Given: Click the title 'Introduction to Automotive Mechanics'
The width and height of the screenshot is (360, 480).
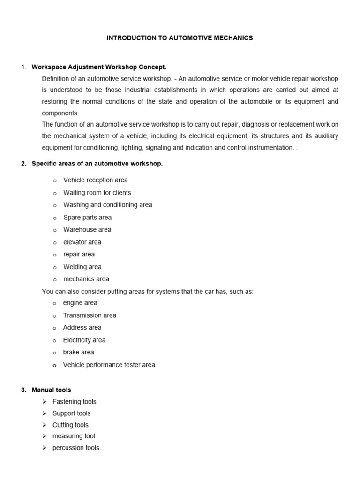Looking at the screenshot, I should [180, 38].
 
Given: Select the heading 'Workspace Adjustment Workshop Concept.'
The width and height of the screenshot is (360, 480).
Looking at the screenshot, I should [99, 67].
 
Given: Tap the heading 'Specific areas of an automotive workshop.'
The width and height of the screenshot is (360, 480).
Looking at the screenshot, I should [97, 164].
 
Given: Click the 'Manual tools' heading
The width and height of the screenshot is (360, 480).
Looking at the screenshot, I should [52, 390].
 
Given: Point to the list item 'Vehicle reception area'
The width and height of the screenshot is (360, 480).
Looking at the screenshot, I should [95, 180].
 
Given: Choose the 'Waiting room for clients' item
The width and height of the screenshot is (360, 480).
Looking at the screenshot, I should [97, 193].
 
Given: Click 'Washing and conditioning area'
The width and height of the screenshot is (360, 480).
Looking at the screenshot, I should [107, 205].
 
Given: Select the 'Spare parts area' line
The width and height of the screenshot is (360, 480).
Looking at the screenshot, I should [87, 217].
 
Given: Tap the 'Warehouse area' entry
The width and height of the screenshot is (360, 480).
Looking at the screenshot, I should [87, 230].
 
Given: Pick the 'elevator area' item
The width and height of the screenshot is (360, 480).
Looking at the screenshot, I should [82, 242].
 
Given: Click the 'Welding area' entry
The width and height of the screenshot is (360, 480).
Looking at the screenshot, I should [82, 267].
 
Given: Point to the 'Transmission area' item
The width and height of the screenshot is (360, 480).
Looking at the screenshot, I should [90, 315].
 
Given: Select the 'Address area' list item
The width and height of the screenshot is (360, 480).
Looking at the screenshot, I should [82, 328].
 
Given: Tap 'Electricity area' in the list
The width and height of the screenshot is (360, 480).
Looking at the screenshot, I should [84, 340].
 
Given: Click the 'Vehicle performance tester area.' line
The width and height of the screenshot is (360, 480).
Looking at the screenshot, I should [110, 365].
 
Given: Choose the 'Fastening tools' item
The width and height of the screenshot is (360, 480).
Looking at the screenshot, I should [74, 402].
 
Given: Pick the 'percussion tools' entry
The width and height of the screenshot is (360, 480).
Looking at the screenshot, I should [75, 448].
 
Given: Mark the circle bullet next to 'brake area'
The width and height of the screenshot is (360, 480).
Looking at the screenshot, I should [54, 353].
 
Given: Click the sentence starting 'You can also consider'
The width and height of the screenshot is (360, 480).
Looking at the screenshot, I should [148, 292].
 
